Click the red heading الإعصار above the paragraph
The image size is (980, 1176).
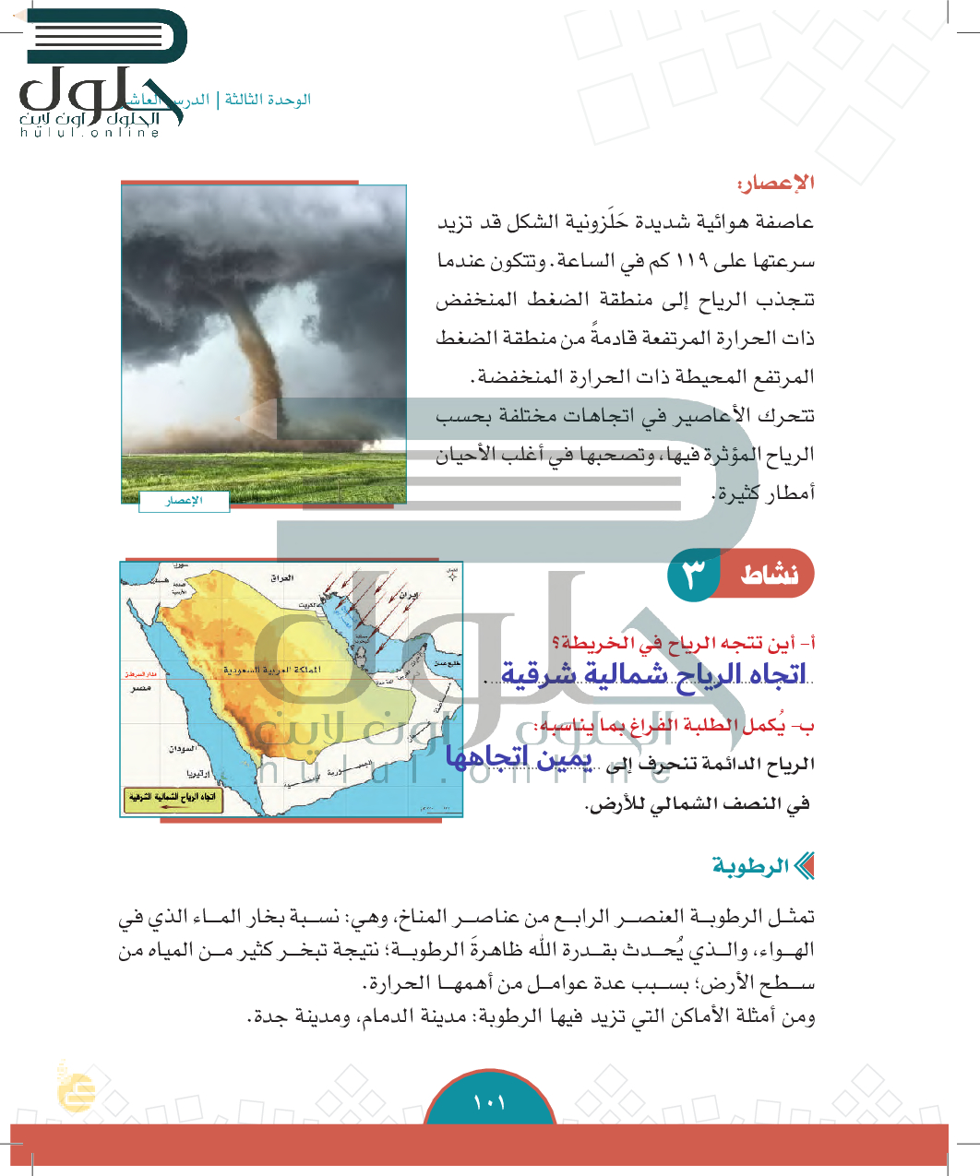click(x=776, y=183)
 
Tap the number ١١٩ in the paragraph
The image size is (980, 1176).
click(x=692, y=261)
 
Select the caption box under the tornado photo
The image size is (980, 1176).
click(x=184, y=501)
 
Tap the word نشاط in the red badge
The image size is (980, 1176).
click(x=770, y=575)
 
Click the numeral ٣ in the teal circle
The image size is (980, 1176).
click(x=693, y=575)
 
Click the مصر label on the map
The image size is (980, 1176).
click(x=140, y=689)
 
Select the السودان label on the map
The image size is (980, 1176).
click(x=182, y=749)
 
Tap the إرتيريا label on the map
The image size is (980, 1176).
click(x=197, y=773)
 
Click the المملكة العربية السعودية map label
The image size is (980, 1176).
click(x=272, y=670)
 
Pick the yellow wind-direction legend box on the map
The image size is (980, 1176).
click(x=172, y=800)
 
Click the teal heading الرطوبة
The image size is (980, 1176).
click(x=750, y=866)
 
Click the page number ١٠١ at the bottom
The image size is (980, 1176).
click(x=489, y=1102)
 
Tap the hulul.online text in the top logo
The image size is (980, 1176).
click(x=90, y=133)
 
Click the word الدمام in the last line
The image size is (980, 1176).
click(x=376, y=1017)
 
